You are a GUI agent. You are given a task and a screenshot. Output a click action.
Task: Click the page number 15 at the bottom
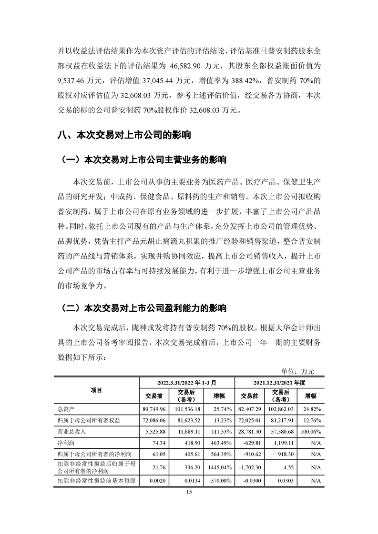(x=189, y=493)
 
